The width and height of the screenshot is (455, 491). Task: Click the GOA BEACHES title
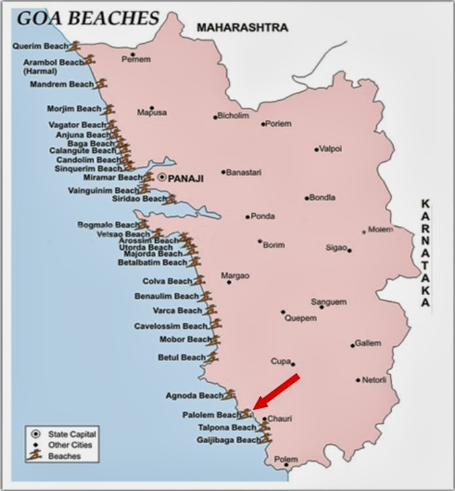click(x=88, y=17)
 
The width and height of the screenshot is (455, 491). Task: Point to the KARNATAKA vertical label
click(x=426, y=253)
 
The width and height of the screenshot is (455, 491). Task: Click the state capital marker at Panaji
click(x=162, y=177)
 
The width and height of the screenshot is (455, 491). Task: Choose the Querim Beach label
click(x=40, y=46)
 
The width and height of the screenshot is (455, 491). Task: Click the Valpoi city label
click(x=331, y=149)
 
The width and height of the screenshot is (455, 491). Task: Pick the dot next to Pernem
click(x=133, y=55)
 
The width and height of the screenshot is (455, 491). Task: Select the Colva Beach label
click(x=167, y=281)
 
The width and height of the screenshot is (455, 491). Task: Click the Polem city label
click(x=286, y=459)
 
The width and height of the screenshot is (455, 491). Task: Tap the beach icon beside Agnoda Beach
click(x=229, y=394)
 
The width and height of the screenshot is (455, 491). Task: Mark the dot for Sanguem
click(x=322, y=307)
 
